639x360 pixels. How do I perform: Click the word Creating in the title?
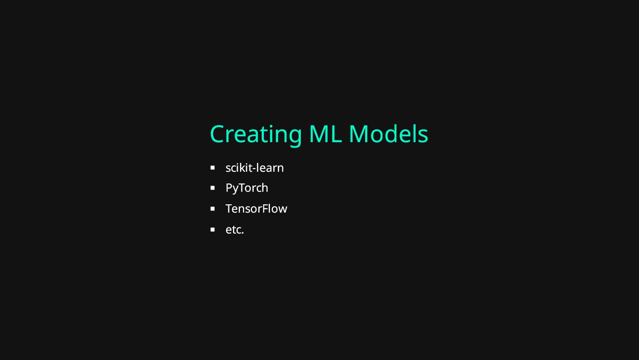click(256, 134)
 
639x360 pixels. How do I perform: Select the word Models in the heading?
click(388, 134)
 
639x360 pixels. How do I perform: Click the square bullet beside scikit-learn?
click(213, 167)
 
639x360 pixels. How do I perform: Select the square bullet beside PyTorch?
click(213, 188)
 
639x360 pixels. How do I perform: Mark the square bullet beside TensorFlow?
click(213, 209)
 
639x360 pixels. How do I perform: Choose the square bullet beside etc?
click(213, 229)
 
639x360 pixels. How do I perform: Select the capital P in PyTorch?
click(229, 188)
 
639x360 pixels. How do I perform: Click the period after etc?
click(243, 233)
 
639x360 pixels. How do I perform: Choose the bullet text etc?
click(234, 230)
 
